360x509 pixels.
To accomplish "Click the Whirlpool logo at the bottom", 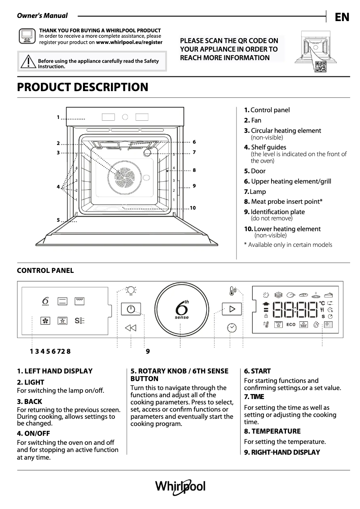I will pos(180,487).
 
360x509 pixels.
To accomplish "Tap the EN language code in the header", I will pos(342,17).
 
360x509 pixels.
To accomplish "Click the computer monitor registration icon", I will pos(27,36).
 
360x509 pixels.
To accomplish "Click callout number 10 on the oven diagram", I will pos(193,208).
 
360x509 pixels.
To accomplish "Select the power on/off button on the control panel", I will pos(131,309).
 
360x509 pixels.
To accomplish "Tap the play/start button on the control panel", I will pos(232,309).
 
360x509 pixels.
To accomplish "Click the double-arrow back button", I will pos(131,328).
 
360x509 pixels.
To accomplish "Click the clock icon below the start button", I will pos(232,328).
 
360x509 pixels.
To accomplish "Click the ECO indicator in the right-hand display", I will pos(291,324).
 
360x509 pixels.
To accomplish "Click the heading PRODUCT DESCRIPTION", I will pos(83,87).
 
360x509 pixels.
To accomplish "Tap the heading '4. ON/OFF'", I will pos(33,434).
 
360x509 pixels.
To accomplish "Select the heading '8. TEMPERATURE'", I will pos(272,431).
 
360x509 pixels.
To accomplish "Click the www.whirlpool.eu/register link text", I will pos(129,42).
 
